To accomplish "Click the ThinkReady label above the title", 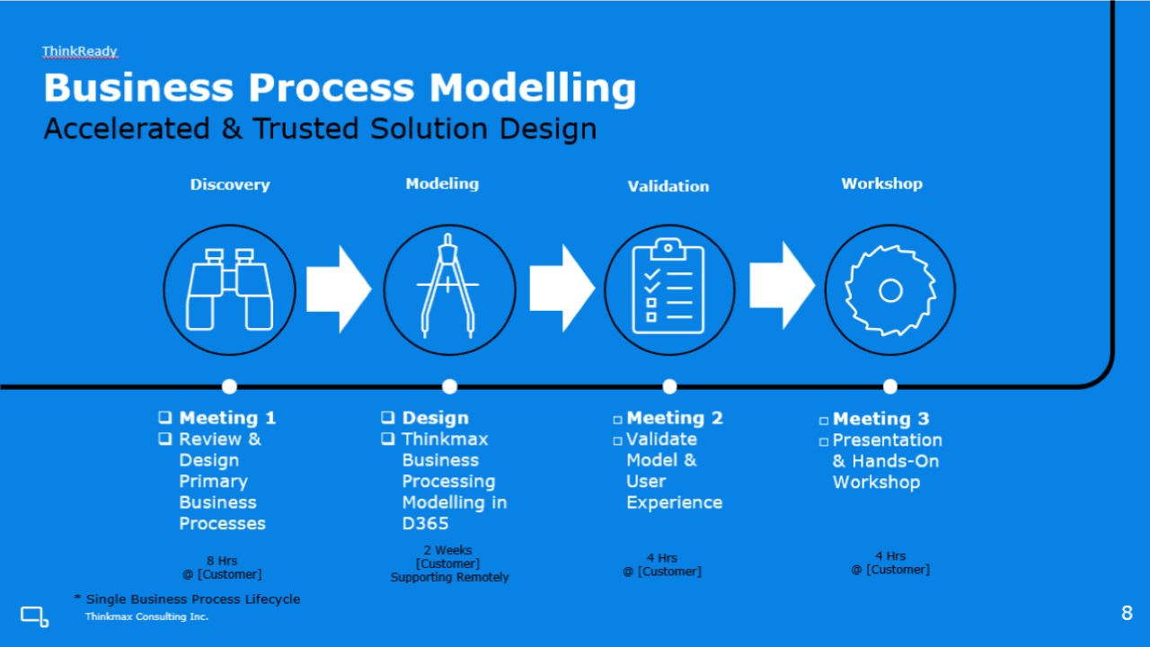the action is tap(80, 51).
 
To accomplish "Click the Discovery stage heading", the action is tap(230, 184).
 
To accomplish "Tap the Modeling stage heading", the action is tap(442, 183).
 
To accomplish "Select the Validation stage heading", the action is tap(668, 186).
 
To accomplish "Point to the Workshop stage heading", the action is tap(881, 183).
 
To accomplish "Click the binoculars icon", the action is tap(229, 289).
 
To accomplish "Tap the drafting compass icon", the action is tap(447, 286).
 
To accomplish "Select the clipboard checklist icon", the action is tap(668, 286).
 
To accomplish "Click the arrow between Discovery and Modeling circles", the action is tap(339, 289).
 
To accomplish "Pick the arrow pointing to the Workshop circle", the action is tap(782, 286).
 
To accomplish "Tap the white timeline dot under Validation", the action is tap(669, 386).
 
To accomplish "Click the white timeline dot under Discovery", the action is tap(229, 386).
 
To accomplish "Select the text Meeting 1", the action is tap(227, 418).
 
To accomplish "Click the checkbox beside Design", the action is tap(388, 417).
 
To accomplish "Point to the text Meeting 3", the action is tap(881, 419).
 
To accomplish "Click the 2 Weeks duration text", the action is tap(447, 550).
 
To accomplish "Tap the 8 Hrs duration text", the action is tap(222, 561).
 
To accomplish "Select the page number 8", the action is tap(1127, 613).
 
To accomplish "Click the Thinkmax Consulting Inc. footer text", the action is tap(146, 616).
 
